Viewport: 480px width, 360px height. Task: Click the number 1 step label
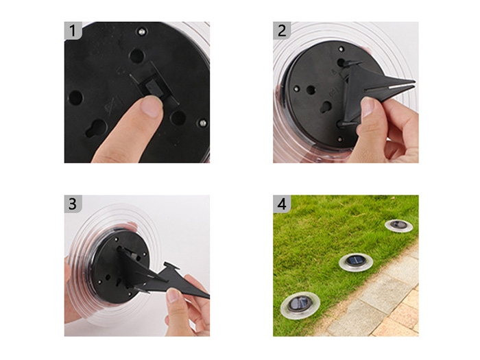[73, 31]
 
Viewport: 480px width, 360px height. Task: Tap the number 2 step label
[282, 31]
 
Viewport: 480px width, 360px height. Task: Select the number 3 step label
[73, 204]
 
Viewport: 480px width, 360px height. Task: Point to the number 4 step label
[282, 204]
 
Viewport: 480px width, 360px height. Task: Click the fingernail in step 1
[152, 106]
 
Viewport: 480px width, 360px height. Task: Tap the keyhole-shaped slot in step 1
[95, 129]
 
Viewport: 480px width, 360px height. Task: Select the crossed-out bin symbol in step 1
[110, 106]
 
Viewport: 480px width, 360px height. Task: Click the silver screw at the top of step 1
[141, 32]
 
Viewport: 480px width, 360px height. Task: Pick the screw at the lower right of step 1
[202, 123]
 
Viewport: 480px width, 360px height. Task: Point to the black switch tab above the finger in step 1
[153, 88]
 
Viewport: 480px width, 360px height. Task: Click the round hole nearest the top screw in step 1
[136, 56]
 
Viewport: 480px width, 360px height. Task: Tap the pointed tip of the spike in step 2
[414, 82]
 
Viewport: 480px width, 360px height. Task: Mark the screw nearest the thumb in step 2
[340, 140]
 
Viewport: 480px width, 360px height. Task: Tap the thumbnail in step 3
[173, 296]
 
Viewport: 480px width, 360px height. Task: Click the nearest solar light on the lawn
[300, 305]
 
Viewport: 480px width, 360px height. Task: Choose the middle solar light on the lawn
[356, 263]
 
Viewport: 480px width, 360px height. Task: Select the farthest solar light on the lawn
[398, 226]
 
